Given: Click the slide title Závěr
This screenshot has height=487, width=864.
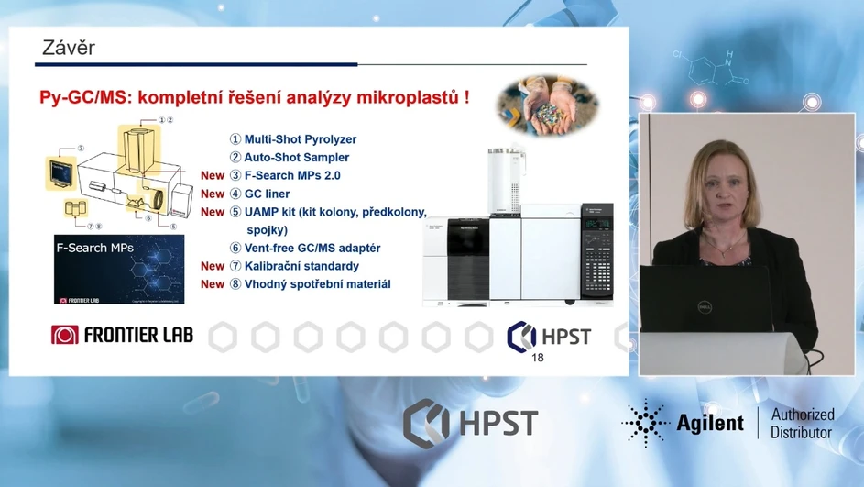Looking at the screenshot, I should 69,48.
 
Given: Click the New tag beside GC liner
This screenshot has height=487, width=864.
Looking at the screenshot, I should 213,194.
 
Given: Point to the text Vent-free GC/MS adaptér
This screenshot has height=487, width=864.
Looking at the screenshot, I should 312,248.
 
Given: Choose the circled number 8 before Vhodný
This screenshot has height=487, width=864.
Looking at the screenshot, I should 235,284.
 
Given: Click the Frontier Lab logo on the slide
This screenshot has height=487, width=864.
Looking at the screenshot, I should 122,335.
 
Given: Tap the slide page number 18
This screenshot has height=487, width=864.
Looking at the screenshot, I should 538,357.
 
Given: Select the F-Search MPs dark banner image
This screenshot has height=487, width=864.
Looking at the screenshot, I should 119,269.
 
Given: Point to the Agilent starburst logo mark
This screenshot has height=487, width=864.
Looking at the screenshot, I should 645,423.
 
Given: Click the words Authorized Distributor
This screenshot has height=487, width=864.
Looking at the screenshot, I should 802,423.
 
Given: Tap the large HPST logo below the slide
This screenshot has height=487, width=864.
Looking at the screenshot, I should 470,423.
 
